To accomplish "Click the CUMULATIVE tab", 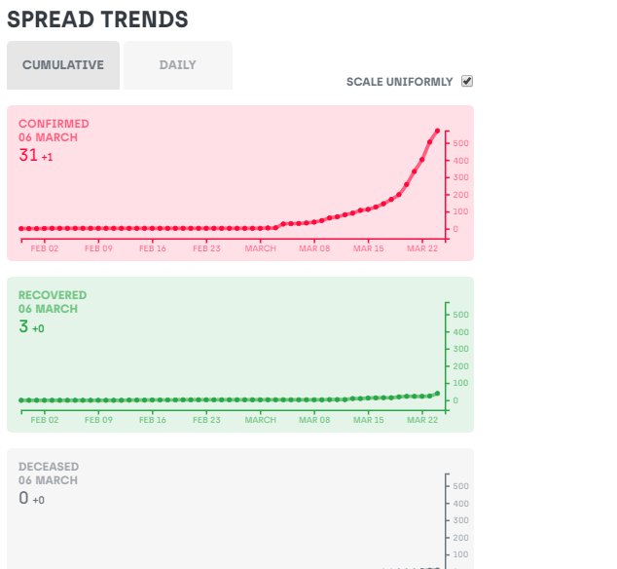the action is (63, 65).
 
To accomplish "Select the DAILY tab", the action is (178, 65).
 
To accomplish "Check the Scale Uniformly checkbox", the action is (467, 81).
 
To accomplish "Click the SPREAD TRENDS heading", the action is (97, 19).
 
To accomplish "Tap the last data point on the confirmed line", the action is (438, 131).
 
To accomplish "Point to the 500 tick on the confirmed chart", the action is (460, 143).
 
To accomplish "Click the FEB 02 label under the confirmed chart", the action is (45, 248).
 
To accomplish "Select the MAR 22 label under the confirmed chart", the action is (422, 248).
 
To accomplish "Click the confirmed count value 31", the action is (28, 155).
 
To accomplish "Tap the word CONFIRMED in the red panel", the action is (54, 124).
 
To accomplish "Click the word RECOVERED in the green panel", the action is (53, 295).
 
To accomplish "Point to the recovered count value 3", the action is (23, 326).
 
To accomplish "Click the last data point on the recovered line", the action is (438, 394).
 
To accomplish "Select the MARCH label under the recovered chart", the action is (261, 420).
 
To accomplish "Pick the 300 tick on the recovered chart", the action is (460, 349).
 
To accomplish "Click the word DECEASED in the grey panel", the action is (49, 467).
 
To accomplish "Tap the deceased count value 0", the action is (23, 498).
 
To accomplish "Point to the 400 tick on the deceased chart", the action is (460, 504).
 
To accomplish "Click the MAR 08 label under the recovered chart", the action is (314, 420).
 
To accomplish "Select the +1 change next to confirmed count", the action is (48, 157).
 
